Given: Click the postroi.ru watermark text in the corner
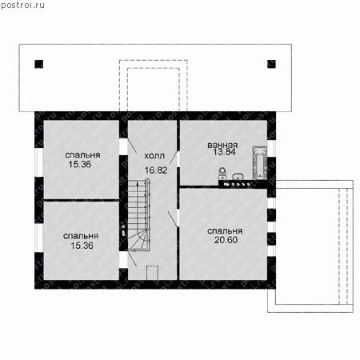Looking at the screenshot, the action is tap(22, 6).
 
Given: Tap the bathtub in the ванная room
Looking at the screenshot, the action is tap(260, 162).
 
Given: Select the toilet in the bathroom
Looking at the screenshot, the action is tap(222, 174).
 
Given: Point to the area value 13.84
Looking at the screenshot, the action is tap(224, 152).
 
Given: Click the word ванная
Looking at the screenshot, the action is tap(222, 145).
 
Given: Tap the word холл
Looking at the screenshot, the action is tap(154, 156).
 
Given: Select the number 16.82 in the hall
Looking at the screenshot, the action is tap(156, 170).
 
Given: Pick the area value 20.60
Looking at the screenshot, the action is tap(226, 240).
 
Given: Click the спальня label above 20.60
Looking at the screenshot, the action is tap(225, 231).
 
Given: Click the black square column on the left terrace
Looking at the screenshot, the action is tap(39, 64).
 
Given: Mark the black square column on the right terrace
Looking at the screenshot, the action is tap(271, 64).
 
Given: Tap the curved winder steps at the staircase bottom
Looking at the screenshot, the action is tap(138, 240).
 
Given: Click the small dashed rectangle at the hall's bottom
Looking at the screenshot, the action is tap(152, 273).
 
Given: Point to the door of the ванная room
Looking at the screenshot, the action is tap(174, 158).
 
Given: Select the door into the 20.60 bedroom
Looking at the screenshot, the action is tap(174, 218).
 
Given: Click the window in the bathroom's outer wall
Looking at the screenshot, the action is tap(271, 148).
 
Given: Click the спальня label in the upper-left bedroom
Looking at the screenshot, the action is tap(82, 155).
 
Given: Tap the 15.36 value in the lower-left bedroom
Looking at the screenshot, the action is tap(82, 246).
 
